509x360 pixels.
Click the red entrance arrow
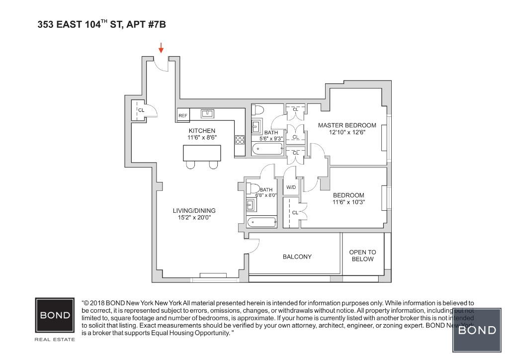[161, 48]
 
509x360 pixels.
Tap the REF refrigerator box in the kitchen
[183, 115]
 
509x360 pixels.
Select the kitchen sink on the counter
[207, 114]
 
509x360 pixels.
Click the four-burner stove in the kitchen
[240, 140]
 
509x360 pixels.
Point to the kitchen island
[202, 153]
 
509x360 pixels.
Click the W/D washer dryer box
[290, 187]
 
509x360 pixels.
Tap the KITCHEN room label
[202, 131]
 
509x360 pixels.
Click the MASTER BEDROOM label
[347, 125]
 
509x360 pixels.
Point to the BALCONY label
[297, 257]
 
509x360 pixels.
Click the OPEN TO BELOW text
[362, 256]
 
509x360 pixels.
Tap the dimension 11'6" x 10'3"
[348, 202]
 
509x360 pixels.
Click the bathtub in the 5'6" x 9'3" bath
[267, 149]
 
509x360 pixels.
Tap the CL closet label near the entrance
[141, 110]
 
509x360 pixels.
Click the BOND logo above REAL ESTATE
[55, 315]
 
